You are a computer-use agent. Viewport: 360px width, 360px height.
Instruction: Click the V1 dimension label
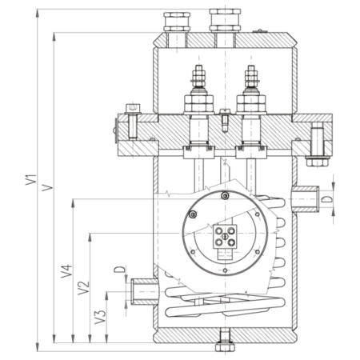tap(31, 180)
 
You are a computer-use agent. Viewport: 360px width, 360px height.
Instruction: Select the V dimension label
tap(48, 187)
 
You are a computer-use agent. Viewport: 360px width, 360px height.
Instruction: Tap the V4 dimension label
tap(66, 271)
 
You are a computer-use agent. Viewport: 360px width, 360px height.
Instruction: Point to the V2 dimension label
tap(84, 288)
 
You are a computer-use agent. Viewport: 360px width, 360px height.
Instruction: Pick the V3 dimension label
tap(101, 317)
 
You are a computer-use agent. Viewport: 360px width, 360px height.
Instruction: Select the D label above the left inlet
tap(120, 270)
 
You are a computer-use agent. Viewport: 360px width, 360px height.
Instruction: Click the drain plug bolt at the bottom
tap(225, 342)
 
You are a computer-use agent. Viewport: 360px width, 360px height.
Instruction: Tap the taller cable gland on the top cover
tap(225, 20)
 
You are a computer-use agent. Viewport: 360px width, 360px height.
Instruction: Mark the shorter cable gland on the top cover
tap(177, 22)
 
